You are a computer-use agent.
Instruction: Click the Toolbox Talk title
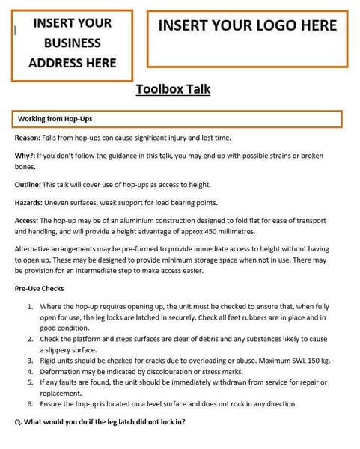click(x=173, y=89)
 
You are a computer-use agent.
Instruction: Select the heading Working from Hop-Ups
click(x=55, y=119)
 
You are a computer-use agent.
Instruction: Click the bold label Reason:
click(x=28, y=138)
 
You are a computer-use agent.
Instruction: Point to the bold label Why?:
click(x=25, y=156)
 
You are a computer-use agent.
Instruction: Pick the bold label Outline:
click(x=28, y=184)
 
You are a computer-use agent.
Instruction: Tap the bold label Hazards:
click(x=28, y=202)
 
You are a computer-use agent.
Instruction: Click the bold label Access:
click(x=26, y=221)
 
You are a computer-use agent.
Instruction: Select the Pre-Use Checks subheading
click(x=39, y=288)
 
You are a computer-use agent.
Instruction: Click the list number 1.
click(x=30, y=307)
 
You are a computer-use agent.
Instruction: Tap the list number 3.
click(x=30, y=361)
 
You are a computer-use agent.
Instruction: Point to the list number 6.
click(x=30, y=404)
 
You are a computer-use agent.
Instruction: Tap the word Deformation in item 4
click(x=61, y=371)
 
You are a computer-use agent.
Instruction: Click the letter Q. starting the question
click(x=18, y=422)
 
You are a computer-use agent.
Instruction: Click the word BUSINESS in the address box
click(x=72, y=43)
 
